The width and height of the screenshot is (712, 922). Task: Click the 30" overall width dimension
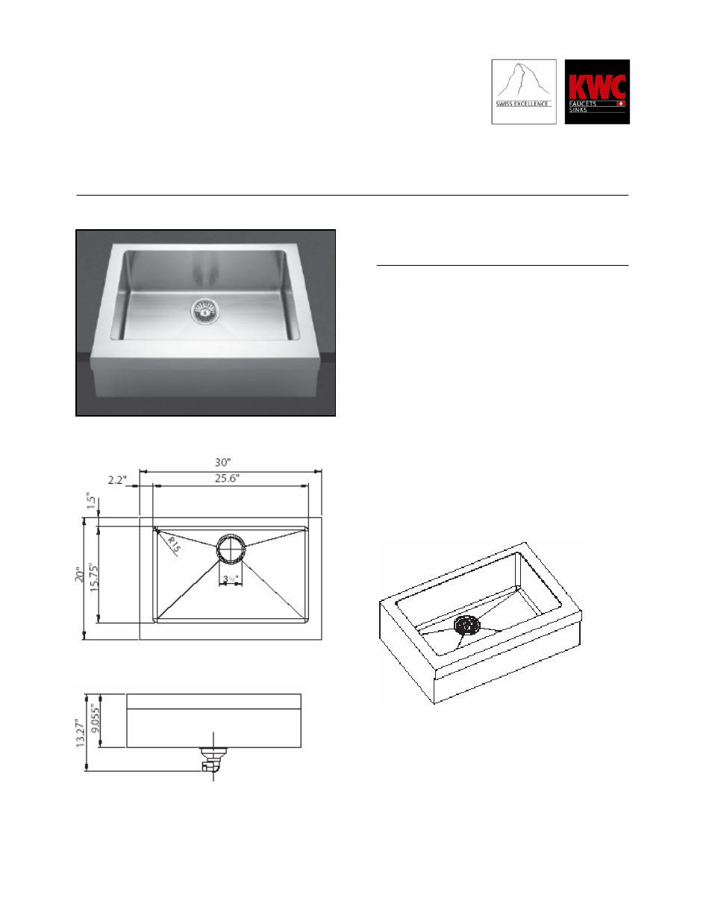click(222, 463)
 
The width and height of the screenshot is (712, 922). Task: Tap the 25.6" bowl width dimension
click(227, 479)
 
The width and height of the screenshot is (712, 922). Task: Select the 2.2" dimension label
click(117, 480)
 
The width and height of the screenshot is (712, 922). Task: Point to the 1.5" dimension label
click(90, 501)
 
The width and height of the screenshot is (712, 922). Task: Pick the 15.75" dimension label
click(94, 577)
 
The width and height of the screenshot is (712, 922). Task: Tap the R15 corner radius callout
click(173, 544)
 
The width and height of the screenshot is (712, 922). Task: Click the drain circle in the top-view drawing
click(231, 548)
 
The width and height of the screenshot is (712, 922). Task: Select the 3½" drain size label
click(230, 579)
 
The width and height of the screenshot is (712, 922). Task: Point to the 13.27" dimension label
click(79, 733)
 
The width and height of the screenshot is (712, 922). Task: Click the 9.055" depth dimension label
click(95, 719)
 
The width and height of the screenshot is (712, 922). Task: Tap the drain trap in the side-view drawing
click(213, 758)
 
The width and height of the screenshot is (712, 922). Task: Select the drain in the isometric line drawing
click(466, 626)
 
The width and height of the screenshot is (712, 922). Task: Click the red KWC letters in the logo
click(596, 85)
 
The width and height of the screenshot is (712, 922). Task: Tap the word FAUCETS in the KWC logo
click(583, 104)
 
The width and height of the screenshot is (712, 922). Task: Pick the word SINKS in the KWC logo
click(578, 110)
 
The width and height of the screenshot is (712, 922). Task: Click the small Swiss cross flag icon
click(620, 104)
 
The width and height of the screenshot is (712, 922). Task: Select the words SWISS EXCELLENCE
click(522, 104)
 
